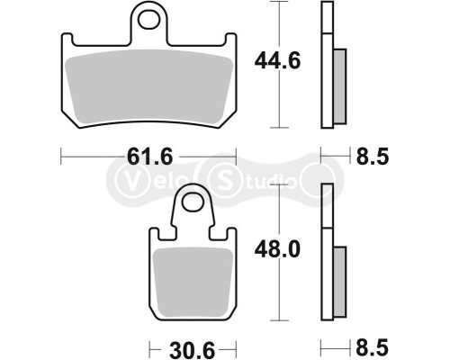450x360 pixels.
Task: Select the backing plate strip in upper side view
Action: click(328, 67)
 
